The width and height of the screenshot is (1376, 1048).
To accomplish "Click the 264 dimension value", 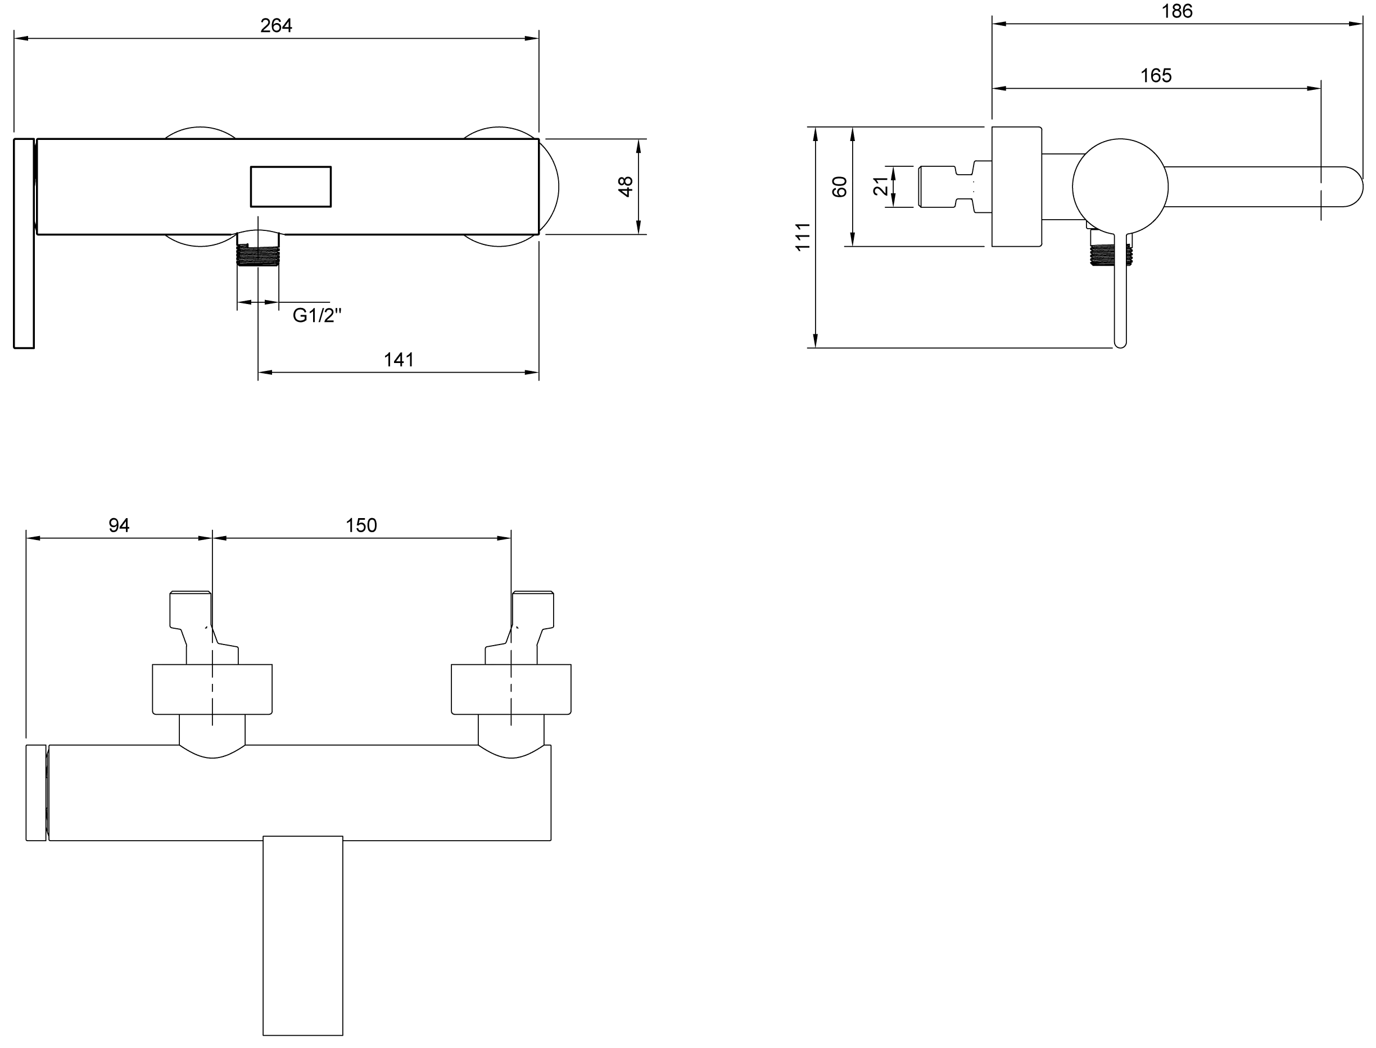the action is coord(276,26).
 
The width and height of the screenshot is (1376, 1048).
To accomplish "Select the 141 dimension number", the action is coord(399,360).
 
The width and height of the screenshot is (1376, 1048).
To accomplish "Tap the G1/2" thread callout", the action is coord(317,316).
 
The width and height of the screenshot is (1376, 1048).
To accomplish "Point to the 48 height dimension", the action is coord(625,187).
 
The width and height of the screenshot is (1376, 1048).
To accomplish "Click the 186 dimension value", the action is coord(1177,11).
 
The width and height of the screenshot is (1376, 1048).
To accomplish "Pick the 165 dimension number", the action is coord(1156,75).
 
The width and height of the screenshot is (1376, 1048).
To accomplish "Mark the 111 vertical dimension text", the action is coord(803,237).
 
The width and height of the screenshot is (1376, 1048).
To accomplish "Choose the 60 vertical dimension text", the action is coord(840,187).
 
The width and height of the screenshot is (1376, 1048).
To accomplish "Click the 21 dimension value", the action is coord(880,186).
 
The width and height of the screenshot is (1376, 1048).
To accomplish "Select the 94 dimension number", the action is coord(119,525).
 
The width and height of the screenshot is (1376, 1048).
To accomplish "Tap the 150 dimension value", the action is coord(361,525).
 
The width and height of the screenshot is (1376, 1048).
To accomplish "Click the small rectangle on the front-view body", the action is coord(291,187).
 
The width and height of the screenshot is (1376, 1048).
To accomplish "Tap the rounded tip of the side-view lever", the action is coord(1120,344).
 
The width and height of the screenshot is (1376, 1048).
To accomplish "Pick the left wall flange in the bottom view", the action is coord(212,689).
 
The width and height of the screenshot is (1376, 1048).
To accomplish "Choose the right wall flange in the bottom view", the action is coord(511,689).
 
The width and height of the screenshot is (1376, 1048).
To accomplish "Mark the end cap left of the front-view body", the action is coord(24,243).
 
